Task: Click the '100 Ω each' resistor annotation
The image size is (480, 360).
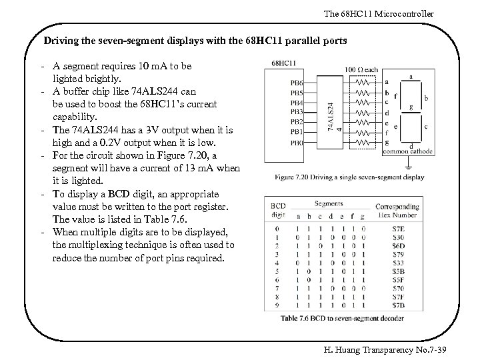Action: [x=361, y=69]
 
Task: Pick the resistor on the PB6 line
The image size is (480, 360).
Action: [x=362, y=83]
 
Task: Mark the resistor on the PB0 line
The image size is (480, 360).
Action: [x=362, y=142]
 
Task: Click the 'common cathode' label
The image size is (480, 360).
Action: [x=407, y=152]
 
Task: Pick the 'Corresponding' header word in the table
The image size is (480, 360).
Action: [x=397, y=207]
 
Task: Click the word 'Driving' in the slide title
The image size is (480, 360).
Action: [x=60, y=41]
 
